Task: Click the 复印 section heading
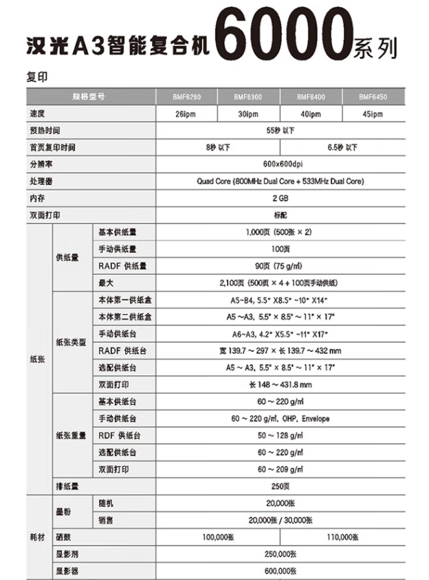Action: (x=37, y=78)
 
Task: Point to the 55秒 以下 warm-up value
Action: (x=279, y=131)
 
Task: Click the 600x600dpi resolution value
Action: (x=279, y=164)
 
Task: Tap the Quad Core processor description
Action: (x=279, y=181)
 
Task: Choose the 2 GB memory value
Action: (x=279, y=199)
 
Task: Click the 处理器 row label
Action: (x=41, y=181)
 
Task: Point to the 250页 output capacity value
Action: (x=279, y=486)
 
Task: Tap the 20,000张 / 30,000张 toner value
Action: (x=280, y=520)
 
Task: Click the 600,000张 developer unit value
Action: (x=279, y=570)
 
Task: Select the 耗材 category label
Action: (x=38, y=537)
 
